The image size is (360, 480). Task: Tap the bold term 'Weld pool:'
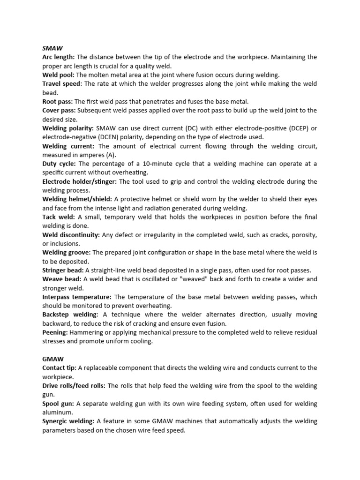click(x=59, y=75)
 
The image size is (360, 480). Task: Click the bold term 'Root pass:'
click(x=58, y=102)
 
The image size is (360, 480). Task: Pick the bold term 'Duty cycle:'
click(x=60, y=164)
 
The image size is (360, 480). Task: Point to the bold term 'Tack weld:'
click(x=59, y=217)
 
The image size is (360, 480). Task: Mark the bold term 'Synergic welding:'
click(x=68, y=421)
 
